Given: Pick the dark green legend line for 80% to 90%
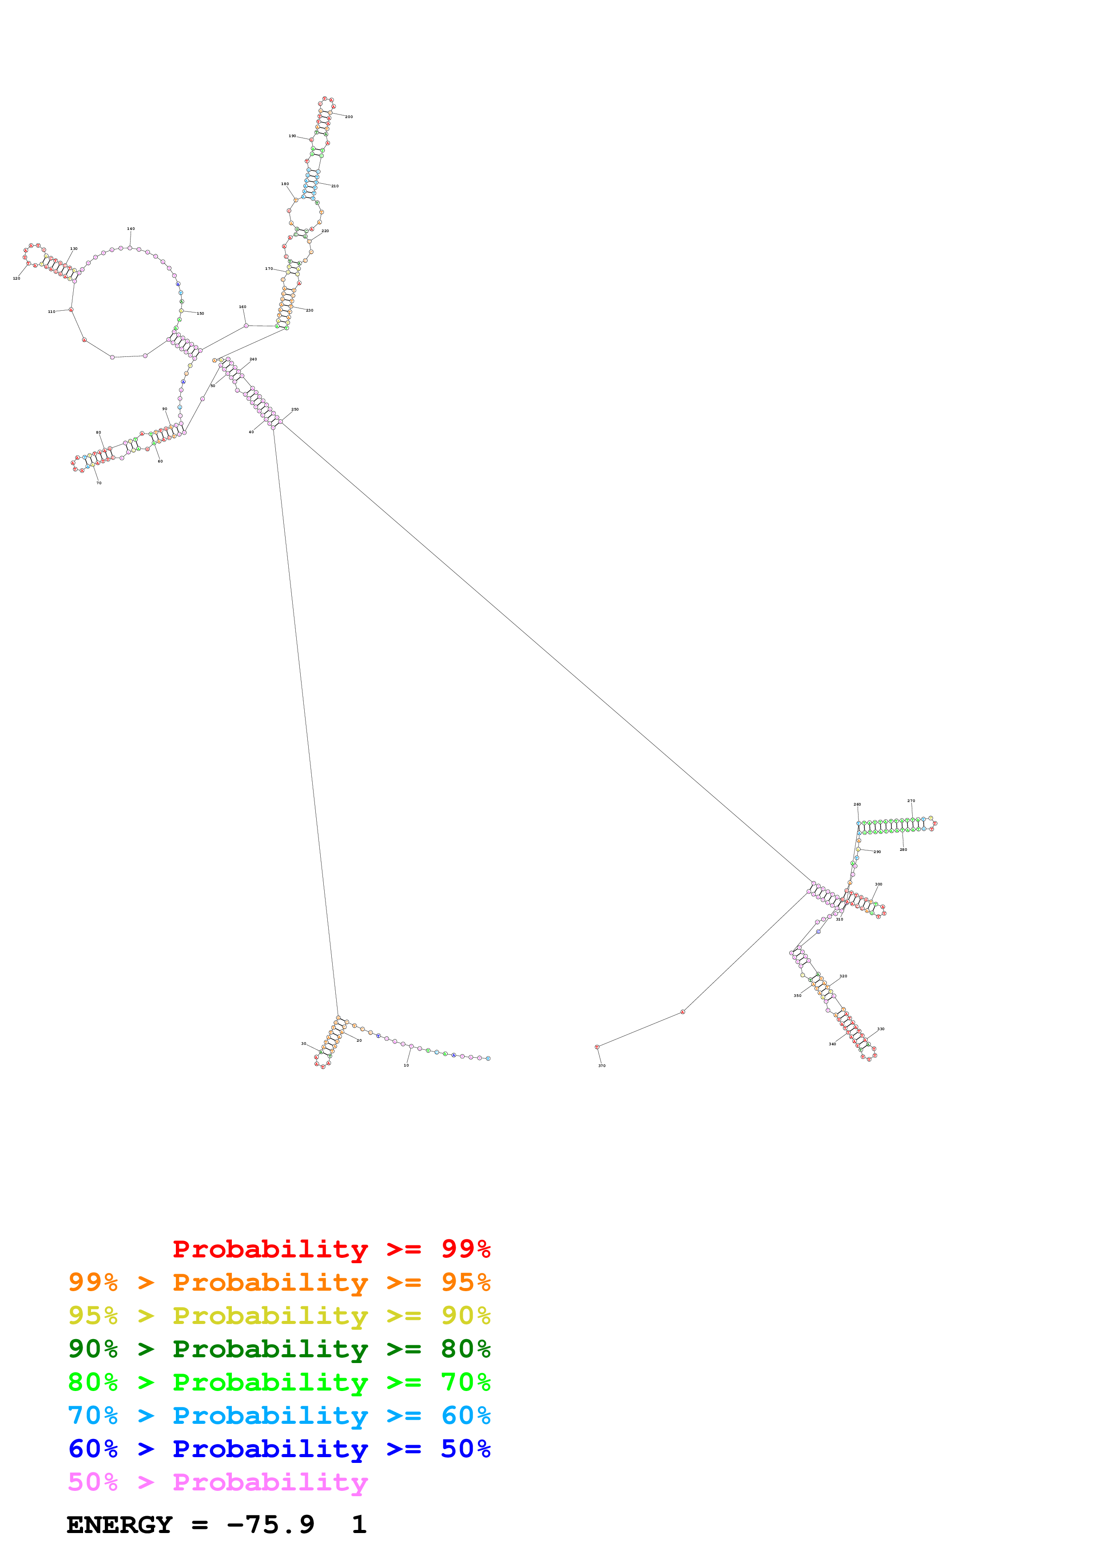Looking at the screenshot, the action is tap(279, 1349).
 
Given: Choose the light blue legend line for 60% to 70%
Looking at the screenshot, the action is tap(279, 1415).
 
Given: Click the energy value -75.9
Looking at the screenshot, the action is tap(270, 1525).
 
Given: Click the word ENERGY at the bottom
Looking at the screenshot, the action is tap(119, 1525).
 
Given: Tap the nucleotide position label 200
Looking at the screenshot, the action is tap(349, 117).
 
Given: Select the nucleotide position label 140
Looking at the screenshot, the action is tap(131, 229).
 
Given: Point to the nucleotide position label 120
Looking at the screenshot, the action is tap(16, 278).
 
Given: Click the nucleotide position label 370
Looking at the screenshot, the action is tap(602, 1066).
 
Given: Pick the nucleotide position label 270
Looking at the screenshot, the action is tap(911, 801).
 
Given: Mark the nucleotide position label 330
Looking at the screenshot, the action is tap(881, 1029).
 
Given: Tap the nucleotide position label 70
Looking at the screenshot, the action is tap(99, 483).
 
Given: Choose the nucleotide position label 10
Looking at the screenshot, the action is tap(406, 1065).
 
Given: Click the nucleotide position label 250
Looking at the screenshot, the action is tap(295, 410).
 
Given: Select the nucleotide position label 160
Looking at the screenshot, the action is tap(242, 307).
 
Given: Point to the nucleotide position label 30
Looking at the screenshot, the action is tap(304, 1043).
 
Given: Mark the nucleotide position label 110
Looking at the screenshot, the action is tap(52, 312).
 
